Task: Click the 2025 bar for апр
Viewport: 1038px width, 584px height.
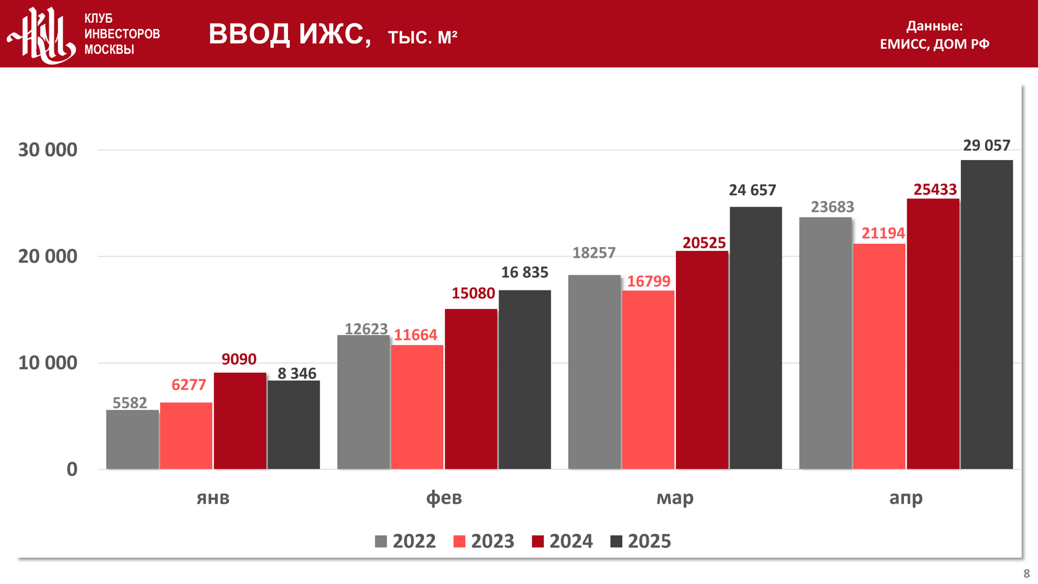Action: pos(987,315)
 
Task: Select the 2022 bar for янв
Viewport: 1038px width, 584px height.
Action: pos(132,439)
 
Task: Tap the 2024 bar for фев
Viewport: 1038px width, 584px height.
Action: pos(471,389)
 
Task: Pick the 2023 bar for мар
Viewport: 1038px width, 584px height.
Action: pos(648,379)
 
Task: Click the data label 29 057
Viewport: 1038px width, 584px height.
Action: pos(987,145)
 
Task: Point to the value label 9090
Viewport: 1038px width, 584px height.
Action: pos(238,359)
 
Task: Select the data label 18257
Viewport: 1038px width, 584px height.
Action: pos(594,253)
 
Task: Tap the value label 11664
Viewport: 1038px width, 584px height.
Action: pos(415,335)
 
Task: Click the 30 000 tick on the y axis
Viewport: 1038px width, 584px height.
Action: pos(48,150)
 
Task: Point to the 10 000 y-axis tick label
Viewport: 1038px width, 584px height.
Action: pos(48,363)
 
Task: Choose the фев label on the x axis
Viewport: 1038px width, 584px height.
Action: pos(444,497)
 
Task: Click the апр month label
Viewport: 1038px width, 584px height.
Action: pos(906,497)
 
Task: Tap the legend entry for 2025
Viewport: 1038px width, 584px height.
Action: pos(641,541)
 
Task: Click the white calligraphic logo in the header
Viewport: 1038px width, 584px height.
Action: pos(41,35)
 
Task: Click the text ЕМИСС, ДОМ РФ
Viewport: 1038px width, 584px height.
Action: pos(934,44)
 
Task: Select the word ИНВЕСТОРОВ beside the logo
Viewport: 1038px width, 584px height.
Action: pos(122,34)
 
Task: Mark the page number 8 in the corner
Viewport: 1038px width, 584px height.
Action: pos(1026,573)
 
